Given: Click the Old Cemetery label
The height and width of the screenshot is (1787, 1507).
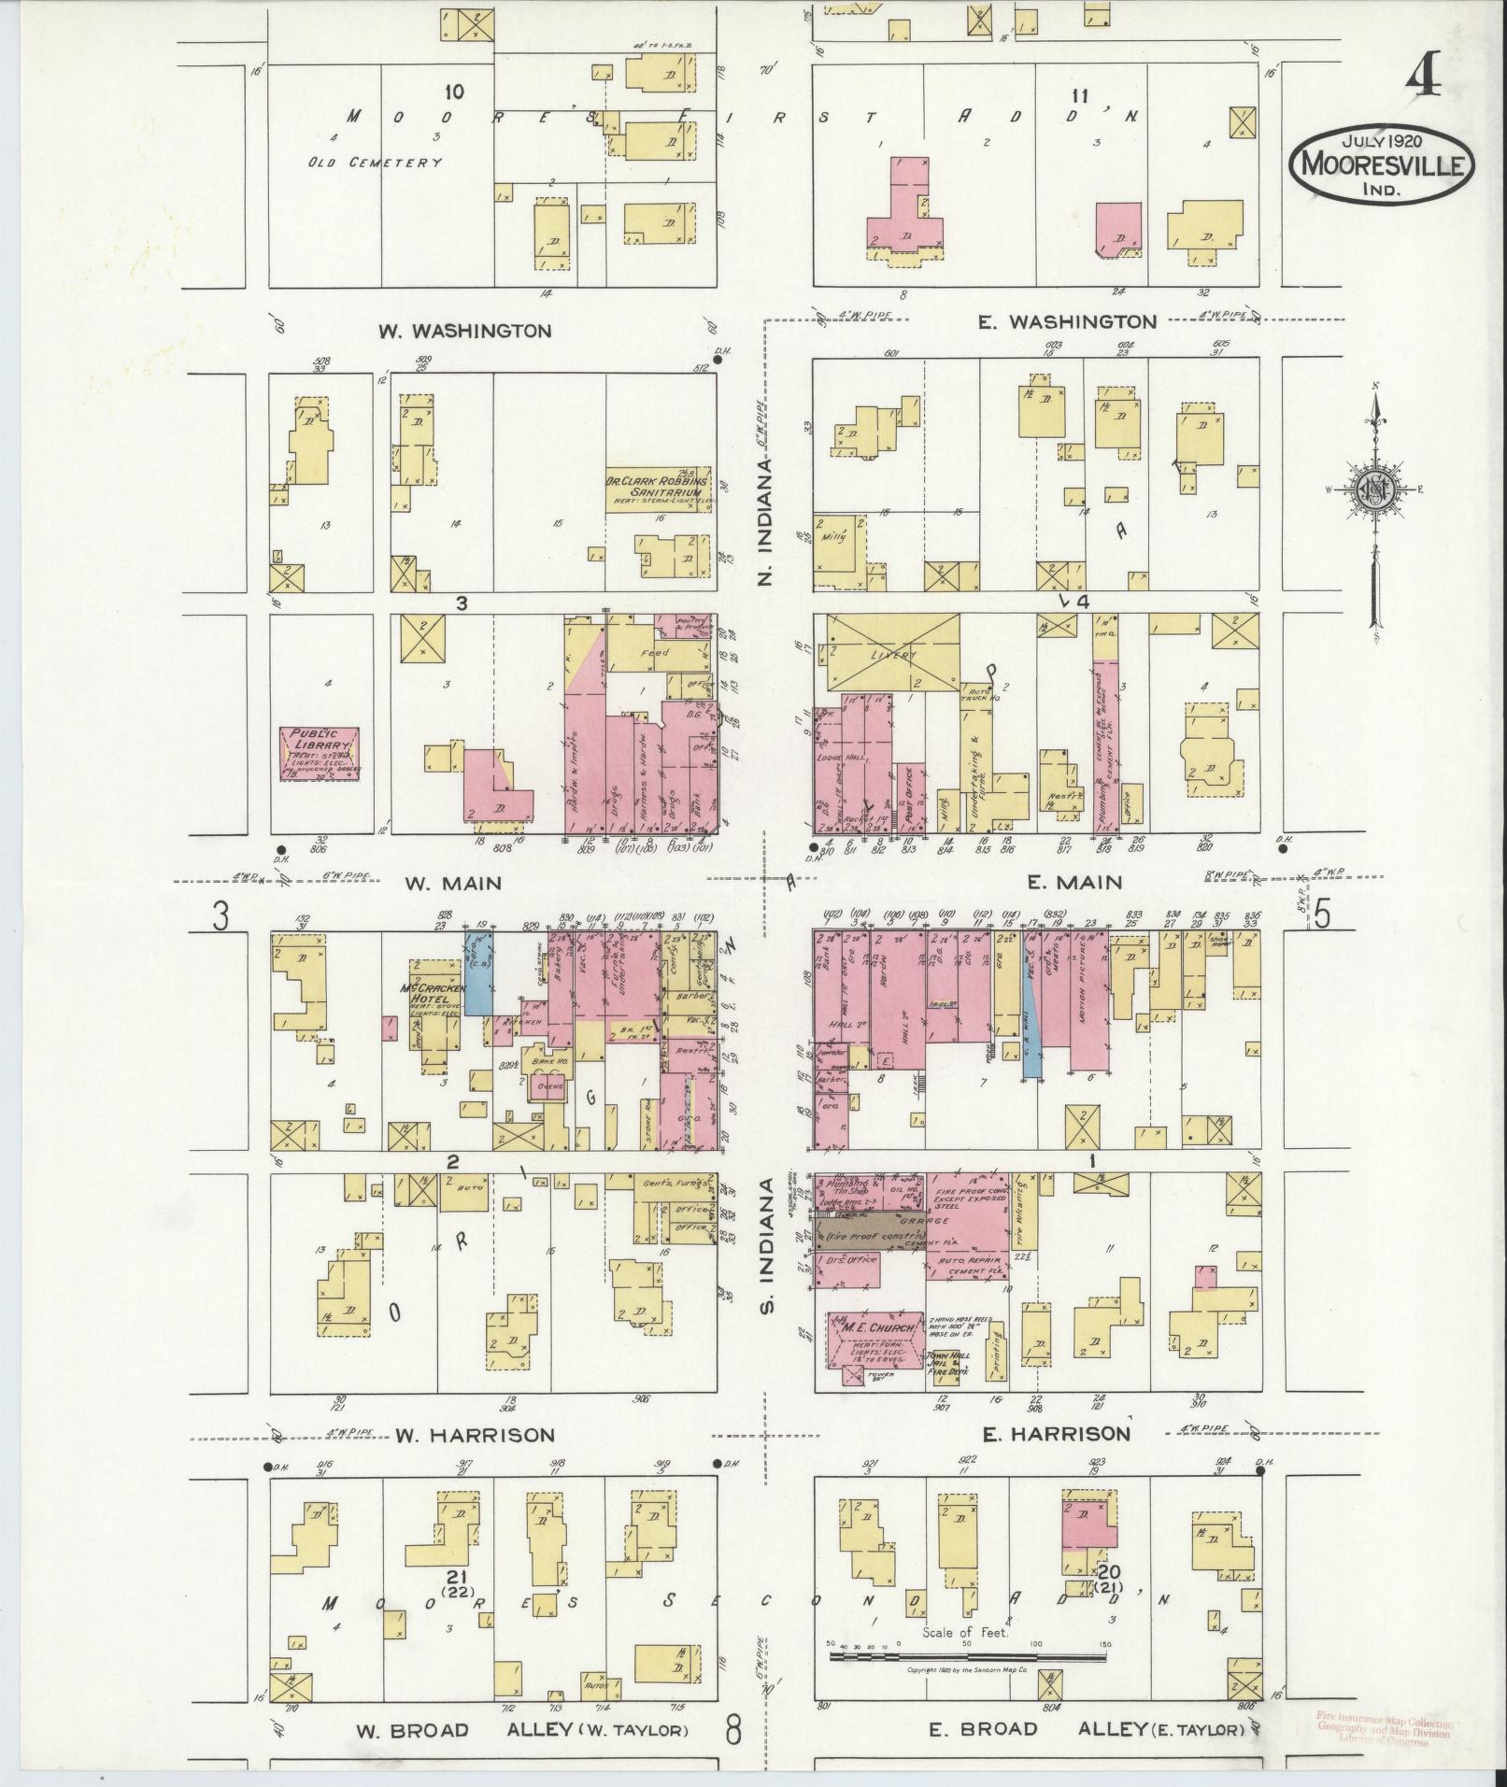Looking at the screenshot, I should [375, 162].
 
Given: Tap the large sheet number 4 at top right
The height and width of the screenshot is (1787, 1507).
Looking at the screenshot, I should [1421, 81].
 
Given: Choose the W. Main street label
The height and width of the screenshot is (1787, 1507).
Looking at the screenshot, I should [453, 883].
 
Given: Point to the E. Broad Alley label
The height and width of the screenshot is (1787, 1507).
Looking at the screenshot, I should [1087, 1730].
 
